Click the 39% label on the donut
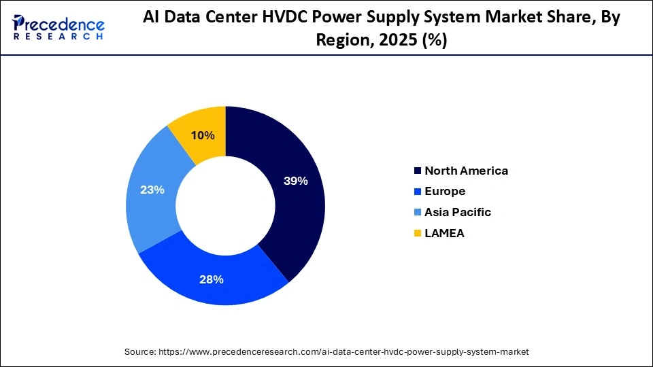(296, 181)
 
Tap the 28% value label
(211, 279)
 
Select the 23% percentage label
(152, 190)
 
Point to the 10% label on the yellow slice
(203, 135)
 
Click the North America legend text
(466, 171)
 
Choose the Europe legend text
(445, 192)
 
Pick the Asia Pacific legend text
(457, 212)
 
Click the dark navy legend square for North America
(416, 171)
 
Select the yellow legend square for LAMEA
(416, 233)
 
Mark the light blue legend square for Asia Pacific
(416, 212)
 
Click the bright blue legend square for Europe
(416, 192)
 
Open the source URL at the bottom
(344, 352)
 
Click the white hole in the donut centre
(225, 205)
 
